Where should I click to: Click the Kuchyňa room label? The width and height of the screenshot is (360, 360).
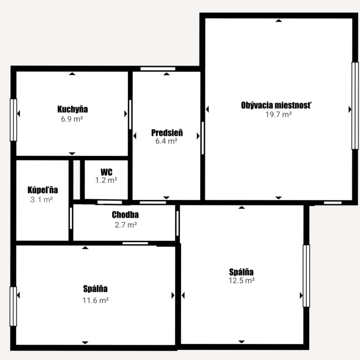tap(72, 109)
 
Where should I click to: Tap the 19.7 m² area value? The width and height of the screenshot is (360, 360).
tap(278, 114)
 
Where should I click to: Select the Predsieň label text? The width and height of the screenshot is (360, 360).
tap(167, 132)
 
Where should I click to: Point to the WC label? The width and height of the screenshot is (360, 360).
tap(107, 172)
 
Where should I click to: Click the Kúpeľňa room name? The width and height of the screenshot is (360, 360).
tap(43, 190)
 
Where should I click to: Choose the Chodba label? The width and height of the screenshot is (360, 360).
tap(125, 215)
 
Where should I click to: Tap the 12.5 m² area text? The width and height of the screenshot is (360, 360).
tap(241, 280)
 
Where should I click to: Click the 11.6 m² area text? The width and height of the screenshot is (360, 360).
tap(96, 300)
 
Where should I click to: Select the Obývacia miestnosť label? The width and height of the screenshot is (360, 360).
tap(276, 105)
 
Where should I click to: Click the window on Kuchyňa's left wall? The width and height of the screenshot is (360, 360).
tap(13, 120)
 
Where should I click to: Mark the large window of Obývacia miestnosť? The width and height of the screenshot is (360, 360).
tap(355, 106)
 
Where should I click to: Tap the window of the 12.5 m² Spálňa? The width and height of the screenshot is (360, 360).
tap(306, 276)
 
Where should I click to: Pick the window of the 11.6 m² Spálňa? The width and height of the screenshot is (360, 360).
tap(13, 306)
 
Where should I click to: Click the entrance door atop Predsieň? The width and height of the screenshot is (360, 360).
tap(158, 69)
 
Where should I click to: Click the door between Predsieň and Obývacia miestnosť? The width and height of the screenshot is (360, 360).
tap(203, 138)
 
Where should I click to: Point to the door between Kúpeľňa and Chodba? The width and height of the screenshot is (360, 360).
tap(71, 218)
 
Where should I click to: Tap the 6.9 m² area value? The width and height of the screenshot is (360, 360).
tap(72, 119)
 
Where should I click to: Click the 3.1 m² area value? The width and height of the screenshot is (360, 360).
tap(42, 199)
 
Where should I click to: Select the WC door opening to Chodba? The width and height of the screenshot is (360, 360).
tap(110, 202)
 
